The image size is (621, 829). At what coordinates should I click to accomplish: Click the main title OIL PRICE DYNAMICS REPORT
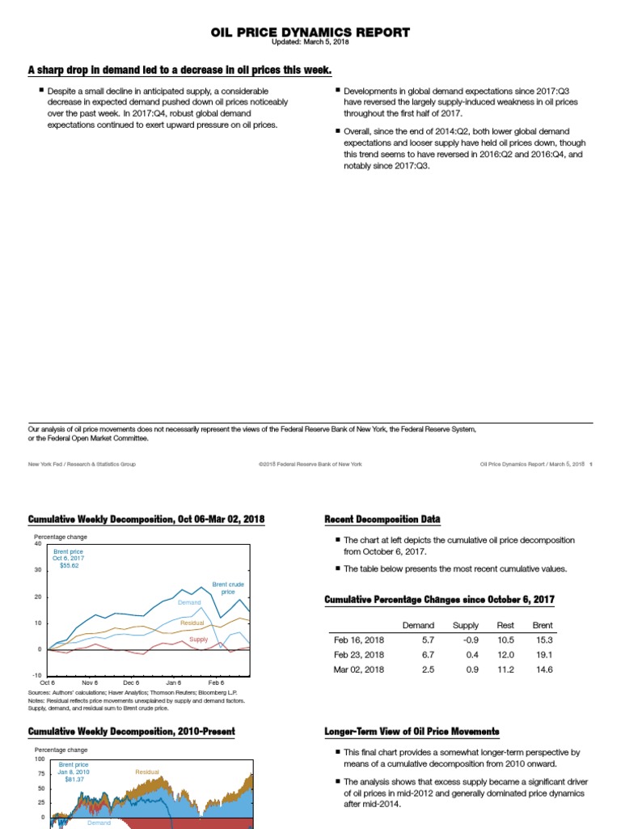pyautogui.click(x=310, y=32)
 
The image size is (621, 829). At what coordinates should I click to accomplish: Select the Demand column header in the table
pyautogui.click(x=418, y=625)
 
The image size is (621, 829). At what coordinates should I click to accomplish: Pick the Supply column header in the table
pyautogui.click(x=465, y=625)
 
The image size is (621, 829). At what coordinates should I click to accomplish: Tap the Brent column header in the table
pyautogui.click(x=543, y=625)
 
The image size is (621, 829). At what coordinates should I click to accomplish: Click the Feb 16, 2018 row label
pyautogui.click(x=359, y=640)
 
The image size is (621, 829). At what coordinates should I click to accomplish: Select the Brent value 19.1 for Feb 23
pyautogui.click(x=544, y=654)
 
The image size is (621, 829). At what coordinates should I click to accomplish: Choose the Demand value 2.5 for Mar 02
pyautogui.click(x=428, y=670)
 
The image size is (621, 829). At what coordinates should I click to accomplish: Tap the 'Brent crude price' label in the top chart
pyautogui.click(x=228, y=588)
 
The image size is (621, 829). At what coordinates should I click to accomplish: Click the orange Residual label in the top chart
pyautogui.click(x=192, y=623)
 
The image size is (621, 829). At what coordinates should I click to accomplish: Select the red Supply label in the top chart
pyautogui.click(x=198, y=640)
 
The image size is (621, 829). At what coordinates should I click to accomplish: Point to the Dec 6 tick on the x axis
pyautogui.click(x=132, y=683)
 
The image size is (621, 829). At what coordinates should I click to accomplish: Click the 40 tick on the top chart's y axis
pyautogui.click(x=37, y=543)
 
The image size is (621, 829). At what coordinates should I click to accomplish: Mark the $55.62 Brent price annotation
pyautogui.click(x=70, y=565)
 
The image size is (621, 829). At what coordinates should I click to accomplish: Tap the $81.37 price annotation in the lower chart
pyautogui.click(x=74, y=779)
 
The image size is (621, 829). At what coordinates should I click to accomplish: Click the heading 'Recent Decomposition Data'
pyautogui.click(x=382, y=519)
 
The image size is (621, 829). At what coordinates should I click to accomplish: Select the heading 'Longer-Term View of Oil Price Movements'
pyautogui.click(x=412, y=732)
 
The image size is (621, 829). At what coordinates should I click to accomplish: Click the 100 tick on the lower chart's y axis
pyautogui.click(x=40, y=759)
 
